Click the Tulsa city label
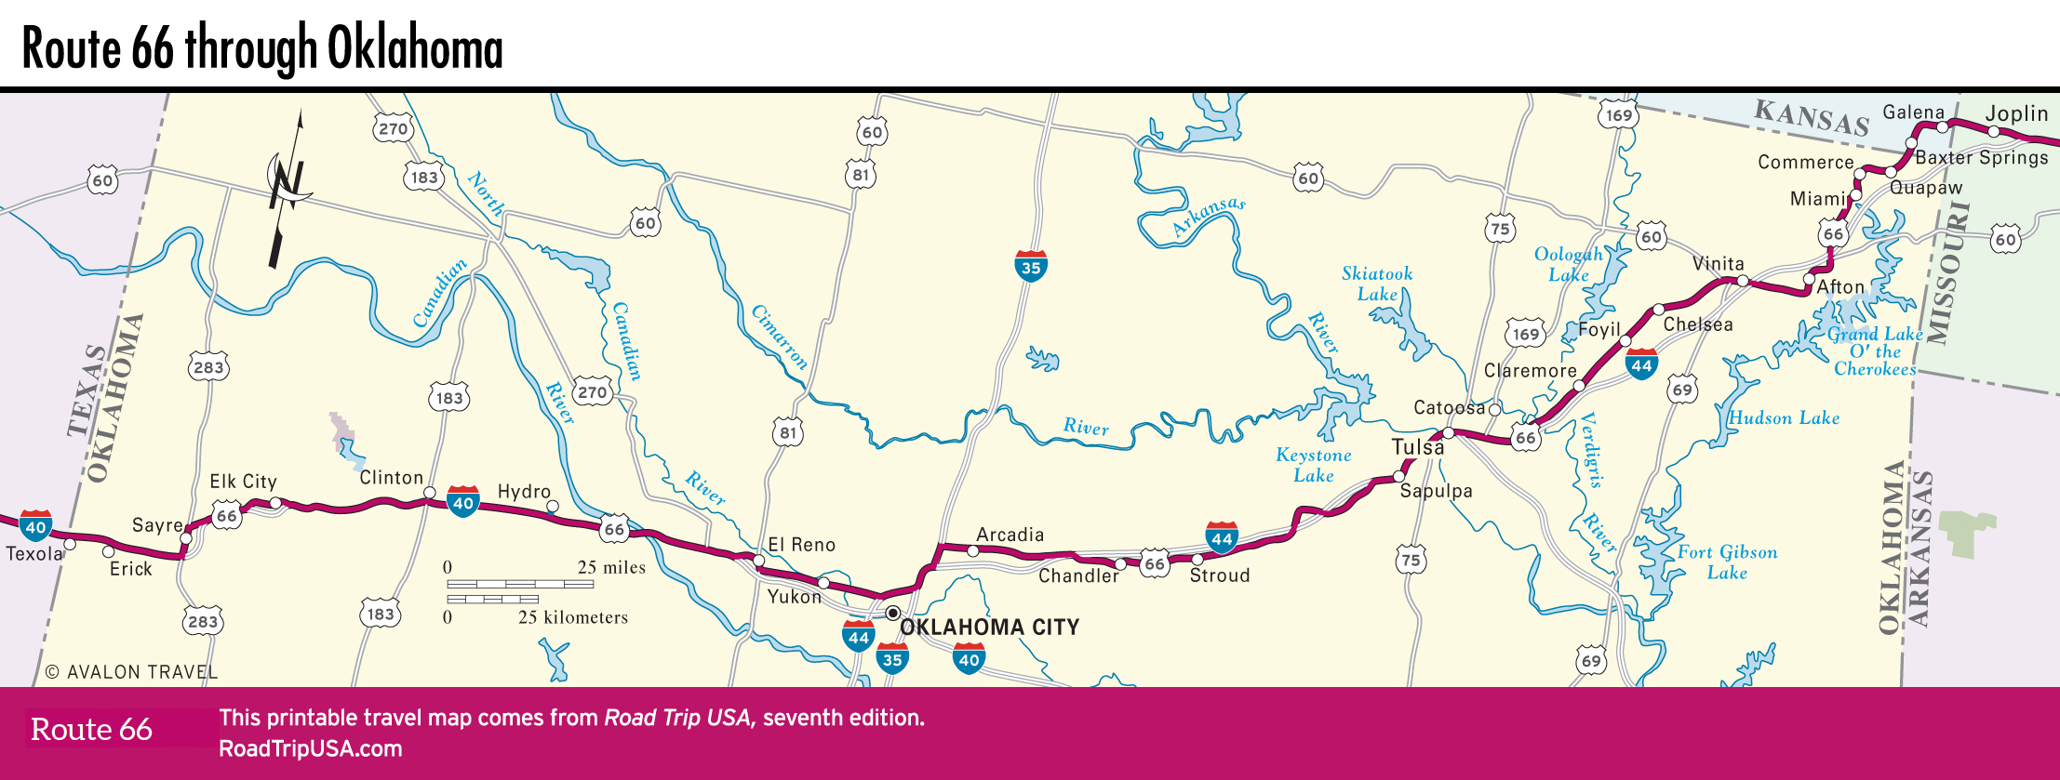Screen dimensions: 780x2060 [1418, 447]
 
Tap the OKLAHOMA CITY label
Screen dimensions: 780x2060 [990, 628]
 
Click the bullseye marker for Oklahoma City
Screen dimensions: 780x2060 [892, 614]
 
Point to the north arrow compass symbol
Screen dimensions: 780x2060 [288, 186]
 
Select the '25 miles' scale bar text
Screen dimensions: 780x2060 [611, 567]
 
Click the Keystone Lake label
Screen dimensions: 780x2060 [1313, 465]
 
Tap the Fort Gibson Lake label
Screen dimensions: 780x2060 [1727, 562]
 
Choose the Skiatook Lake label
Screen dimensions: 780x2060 [1377, 284]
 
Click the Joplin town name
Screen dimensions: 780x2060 [2016, 113]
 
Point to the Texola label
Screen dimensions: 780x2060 [34, 554]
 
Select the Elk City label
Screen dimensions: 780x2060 [243, 482]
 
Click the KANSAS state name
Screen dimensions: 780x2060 [1812, 118]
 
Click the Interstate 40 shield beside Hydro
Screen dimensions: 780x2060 [462, 501]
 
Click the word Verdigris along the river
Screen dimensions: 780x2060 [1592, 450]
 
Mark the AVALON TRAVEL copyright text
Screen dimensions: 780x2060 [131, 672]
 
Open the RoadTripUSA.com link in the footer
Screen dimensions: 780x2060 [311, 749]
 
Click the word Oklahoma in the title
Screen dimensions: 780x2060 [415, 48]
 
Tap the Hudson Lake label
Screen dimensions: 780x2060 [1784, 418]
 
